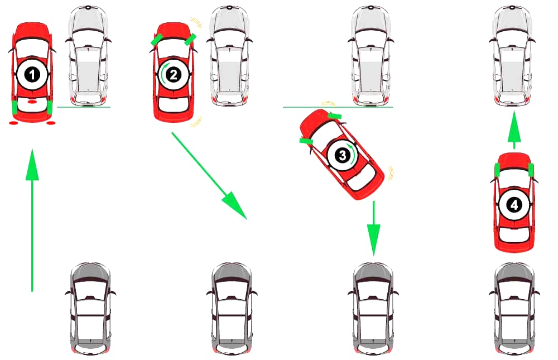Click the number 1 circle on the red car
click(32, 74)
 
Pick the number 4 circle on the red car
click(513, 205)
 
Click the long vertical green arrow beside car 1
click(32, 220)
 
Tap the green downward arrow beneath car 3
click(373, 226)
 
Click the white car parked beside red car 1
click(88, 56)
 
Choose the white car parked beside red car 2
click(229, 56)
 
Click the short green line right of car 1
click(84, 107)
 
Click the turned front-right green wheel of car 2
click(190, 39)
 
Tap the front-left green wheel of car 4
click(498, 169)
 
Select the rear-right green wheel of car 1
click(50, 107)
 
